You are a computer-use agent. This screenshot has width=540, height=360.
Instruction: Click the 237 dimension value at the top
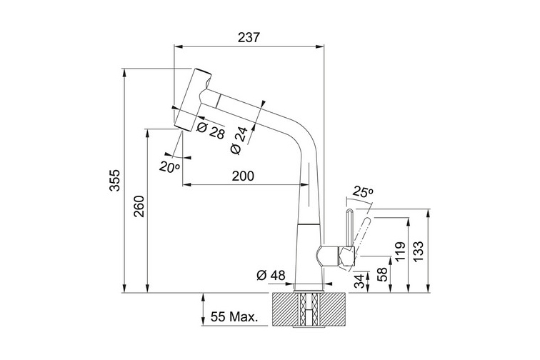point(249,37)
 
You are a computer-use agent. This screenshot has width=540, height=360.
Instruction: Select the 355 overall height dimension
point(115,180)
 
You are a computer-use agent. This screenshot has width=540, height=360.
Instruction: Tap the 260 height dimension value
point(139,206)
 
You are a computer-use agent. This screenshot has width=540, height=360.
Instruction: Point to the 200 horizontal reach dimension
point(243,176)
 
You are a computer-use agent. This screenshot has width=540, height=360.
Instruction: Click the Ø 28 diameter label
point(211,131)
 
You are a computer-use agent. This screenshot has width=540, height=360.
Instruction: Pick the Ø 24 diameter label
point(239,141)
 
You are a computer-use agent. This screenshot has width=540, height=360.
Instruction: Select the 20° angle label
point(169,166)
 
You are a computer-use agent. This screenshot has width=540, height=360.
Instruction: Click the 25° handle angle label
point(363,192)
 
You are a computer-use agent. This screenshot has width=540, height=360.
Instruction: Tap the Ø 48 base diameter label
point(271,275)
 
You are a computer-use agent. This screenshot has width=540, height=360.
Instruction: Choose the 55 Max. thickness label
point(234,316)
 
